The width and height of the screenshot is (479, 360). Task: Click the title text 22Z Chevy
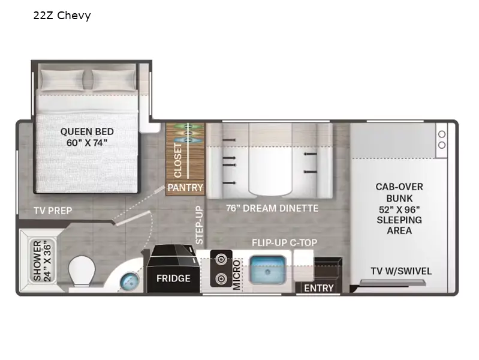[62, 16]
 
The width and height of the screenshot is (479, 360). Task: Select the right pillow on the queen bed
[113, 79]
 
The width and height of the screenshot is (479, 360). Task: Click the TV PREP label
[53, 211]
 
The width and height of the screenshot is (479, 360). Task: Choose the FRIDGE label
[173, 278]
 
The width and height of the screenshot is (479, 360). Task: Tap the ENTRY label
[318, 288]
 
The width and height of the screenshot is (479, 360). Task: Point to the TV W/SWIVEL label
[400, 271]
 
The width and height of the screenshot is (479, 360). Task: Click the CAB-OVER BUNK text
[399, 192]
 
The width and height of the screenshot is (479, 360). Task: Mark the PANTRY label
[185, 188]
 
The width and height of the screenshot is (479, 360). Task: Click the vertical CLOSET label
[178, 160]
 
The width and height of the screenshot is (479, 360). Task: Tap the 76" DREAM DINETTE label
[272, 208]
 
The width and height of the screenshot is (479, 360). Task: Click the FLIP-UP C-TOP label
[284, 242]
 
